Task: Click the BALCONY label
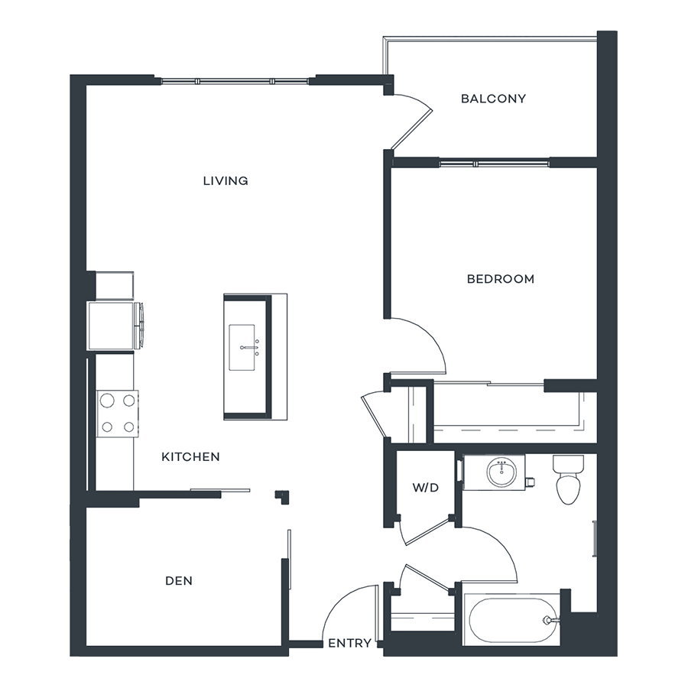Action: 493,99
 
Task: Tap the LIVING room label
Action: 226,180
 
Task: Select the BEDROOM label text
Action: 501,279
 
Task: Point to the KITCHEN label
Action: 190,457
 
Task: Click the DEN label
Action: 179,581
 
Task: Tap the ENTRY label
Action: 349,643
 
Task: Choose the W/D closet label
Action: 426,488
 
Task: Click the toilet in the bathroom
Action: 568,480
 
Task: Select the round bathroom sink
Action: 501,472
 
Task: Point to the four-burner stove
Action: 117,414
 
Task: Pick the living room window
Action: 235,81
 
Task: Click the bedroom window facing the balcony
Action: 494,164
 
